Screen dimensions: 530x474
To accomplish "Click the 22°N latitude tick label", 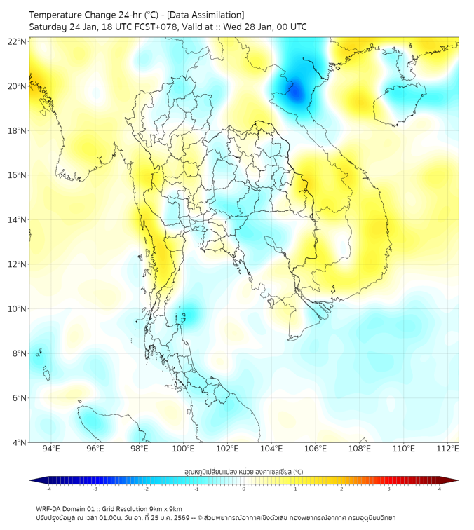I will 18,41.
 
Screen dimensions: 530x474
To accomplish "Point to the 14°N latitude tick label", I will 18,220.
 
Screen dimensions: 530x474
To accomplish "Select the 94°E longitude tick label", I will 51,449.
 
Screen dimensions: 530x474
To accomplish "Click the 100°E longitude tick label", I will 183,449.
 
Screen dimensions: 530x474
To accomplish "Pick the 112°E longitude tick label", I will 447,449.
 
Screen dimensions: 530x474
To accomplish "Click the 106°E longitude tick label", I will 316,449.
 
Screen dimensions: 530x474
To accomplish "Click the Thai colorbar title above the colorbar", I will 243,471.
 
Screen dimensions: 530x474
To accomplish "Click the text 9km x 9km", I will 164,508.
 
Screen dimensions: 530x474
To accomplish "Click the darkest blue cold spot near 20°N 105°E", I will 295,90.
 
